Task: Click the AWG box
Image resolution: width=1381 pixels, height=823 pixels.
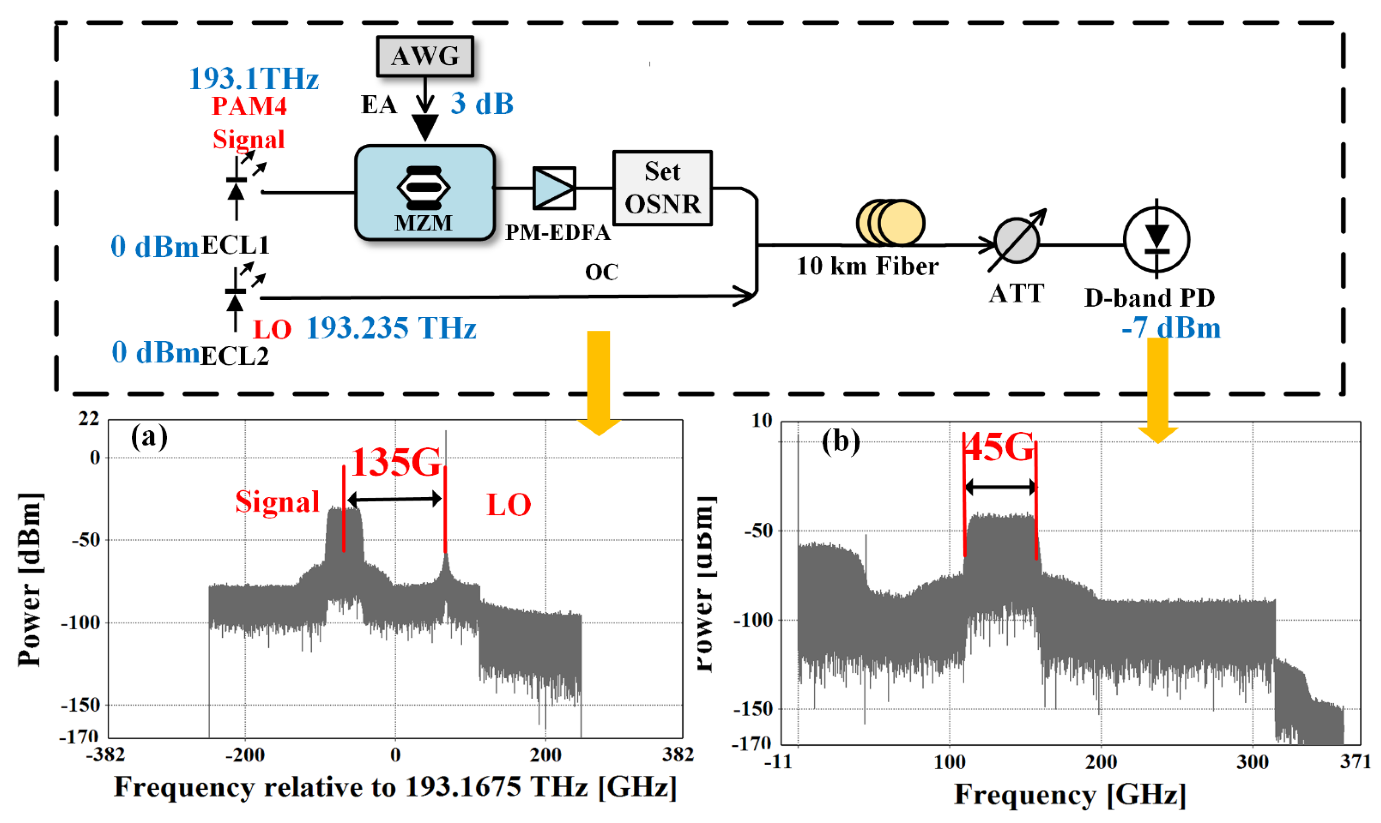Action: pos(425,56)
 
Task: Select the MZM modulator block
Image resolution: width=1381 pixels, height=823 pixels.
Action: pos(425,193)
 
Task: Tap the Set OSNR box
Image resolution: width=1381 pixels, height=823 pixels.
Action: pos(662,188)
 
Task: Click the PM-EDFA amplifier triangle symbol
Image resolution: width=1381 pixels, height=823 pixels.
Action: pos(554,188)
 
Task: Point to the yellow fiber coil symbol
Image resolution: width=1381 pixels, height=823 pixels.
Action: pos(890,222)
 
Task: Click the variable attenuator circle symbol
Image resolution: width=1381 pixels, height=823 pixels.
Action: pos(1016,241)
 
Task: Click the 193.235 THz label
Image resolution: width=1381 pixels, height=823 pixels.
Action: pos(391,328)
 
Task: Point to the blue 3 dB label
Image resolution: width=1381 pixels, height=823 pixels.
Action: pos(481,104)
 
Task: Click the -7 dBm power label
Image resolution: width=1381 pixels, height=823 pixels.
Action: pos(1171,328)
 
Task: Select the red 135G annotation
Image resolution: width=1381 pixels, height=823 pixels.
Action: pos(396,462)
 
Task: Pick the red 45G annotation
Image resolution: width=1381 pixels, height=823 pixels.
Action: pos(999,447)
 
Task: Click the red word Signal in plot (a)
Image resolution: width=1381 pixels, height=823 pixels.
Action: pos(278,502)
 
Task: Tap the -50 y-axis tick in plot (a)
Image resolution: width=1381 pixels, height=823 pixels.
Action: pos(86,539)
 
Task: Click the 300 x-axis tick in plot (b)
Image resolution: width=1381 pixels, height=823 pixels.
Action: pos(1252,762)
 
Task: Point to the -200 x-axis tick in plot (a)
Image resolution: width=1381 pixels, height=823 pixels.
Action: pos(245,755)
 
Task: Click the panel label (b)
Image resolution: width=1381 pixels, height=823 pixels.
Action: pos(840,442)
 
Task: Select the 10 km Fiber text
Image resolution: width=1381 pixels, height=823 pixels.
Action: pos(867,266)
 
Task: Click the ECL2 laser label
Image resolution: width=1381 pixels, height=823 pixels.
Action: pos(234,355)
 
